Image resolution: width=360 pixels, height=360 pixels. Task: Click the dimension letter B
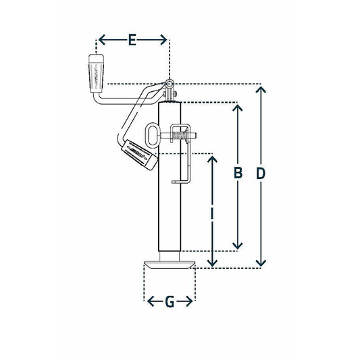tap(237, 174)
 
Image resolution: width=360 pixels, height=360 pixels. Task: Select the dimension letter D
tap(261, 174)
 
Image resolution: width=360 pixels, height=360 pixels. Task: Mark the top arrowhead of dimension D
tap(261, 88)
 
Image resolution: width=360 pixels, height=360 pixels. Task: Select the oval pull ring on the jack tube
tap(153, 133)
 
